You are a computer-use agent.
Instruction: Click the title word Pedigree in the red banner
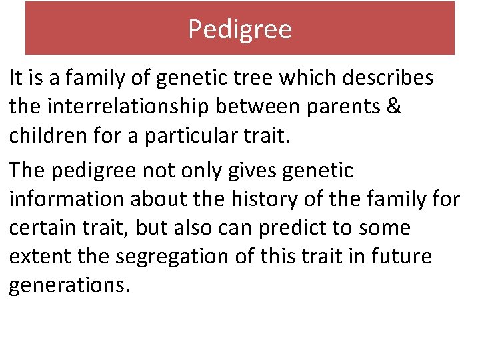coord(240,29)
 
